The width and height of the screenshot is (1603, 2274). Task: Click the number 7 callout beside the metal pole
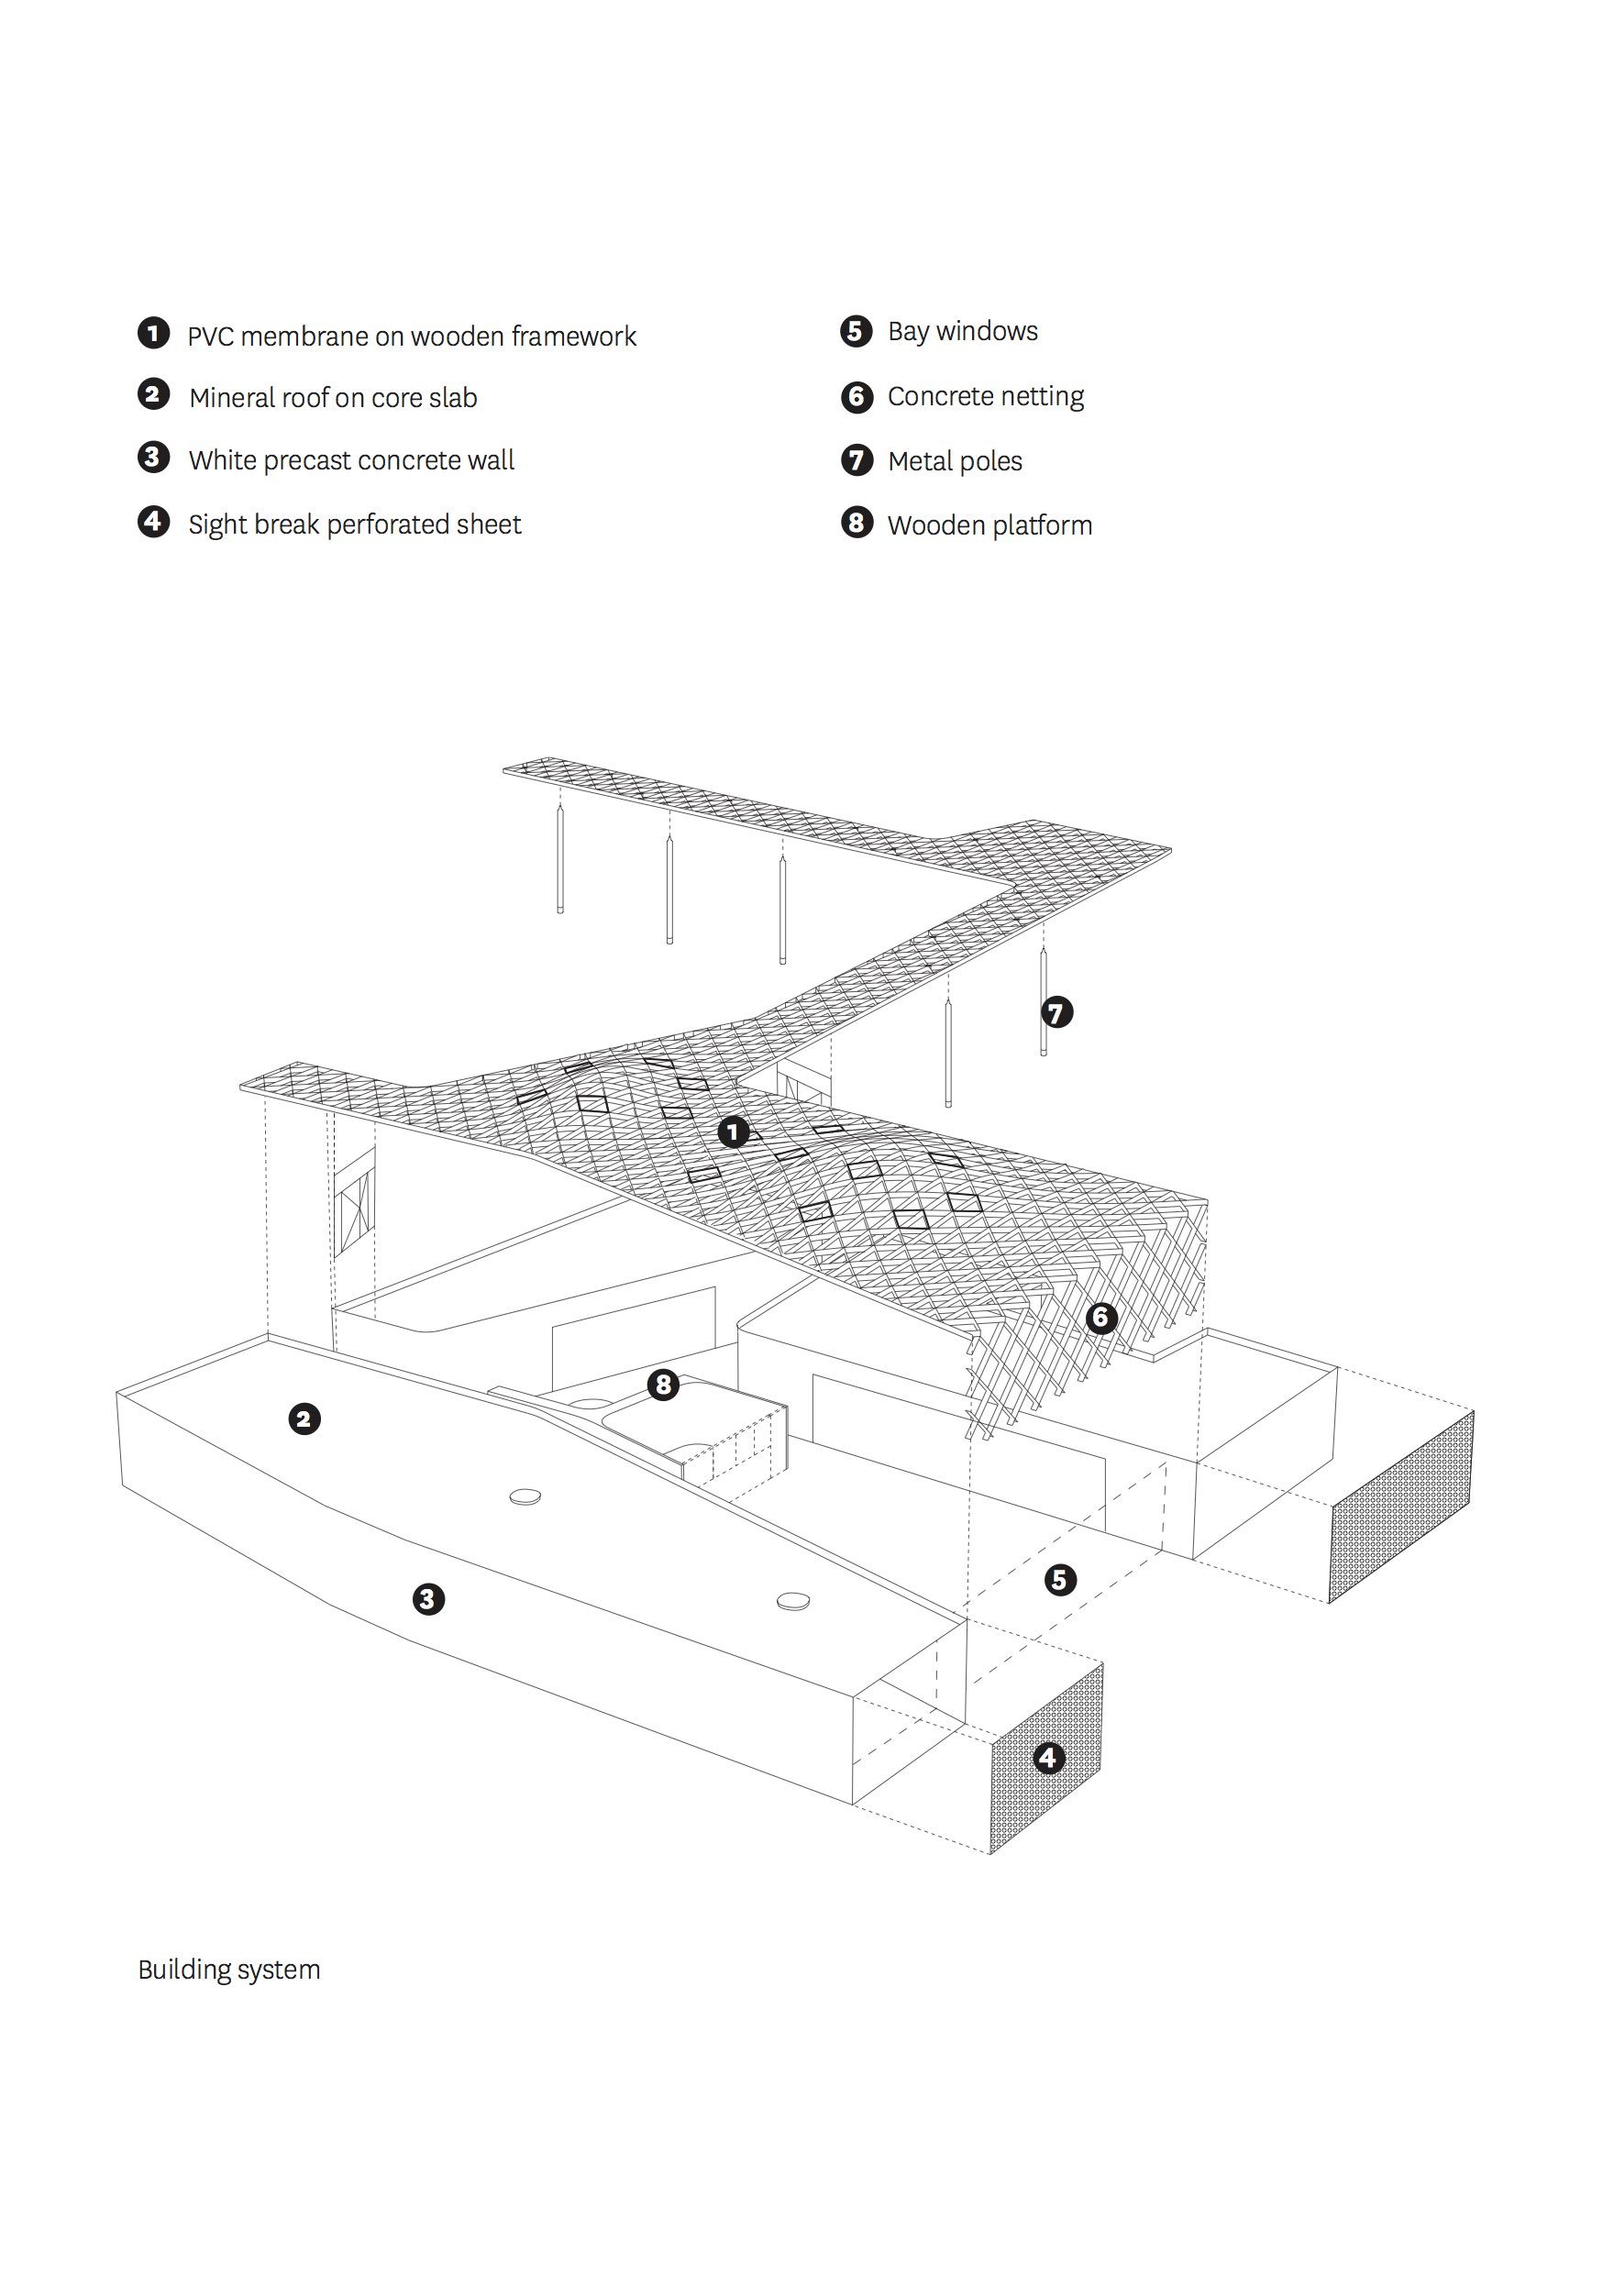click(1057, 1012)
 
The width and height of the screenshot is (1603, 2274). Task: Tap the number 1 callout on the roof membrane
click(733, 1131)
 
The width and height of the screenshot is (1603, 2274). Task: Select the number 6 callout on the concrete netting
click(1100, 1318)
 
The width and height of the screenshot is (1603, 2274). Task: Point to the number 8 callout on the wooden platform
click(663, 1385)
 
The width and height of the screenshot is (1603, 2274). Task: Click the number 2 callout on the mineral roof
click(304, 1419)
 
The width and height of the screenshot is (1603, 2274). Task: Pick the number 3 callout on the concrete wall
click(428, 1598)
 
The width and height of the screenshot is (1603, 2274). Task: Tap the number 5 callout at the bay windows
click(1060, 1579)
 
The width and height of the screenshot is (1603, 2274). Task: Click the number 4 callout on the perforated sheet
click(1048, 1758)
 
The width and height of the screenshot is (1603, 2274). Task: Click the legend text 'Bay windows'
click(962, 332)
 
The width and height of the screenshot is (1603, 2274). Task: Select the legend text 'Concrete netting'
click(985, 396)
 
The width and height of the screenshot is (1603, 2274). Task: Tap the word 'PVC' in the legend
click(210, 337)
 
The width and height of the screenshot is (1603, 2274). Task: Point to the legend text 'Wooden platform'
click(989, 526)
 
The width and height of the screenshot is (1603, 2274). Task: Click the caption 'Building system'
click(229, 1970)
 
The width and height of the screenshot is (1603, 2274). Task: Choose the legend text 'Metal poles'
click(954, 461)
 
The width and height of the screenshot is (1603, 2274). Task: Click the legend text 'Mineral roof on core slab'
click(333, 398)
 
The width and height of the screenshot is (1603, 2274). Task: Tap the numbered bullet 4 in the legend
click(153, 521)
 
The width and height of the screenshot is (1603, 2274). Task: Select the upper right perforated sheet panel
click(1401, 1506)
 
